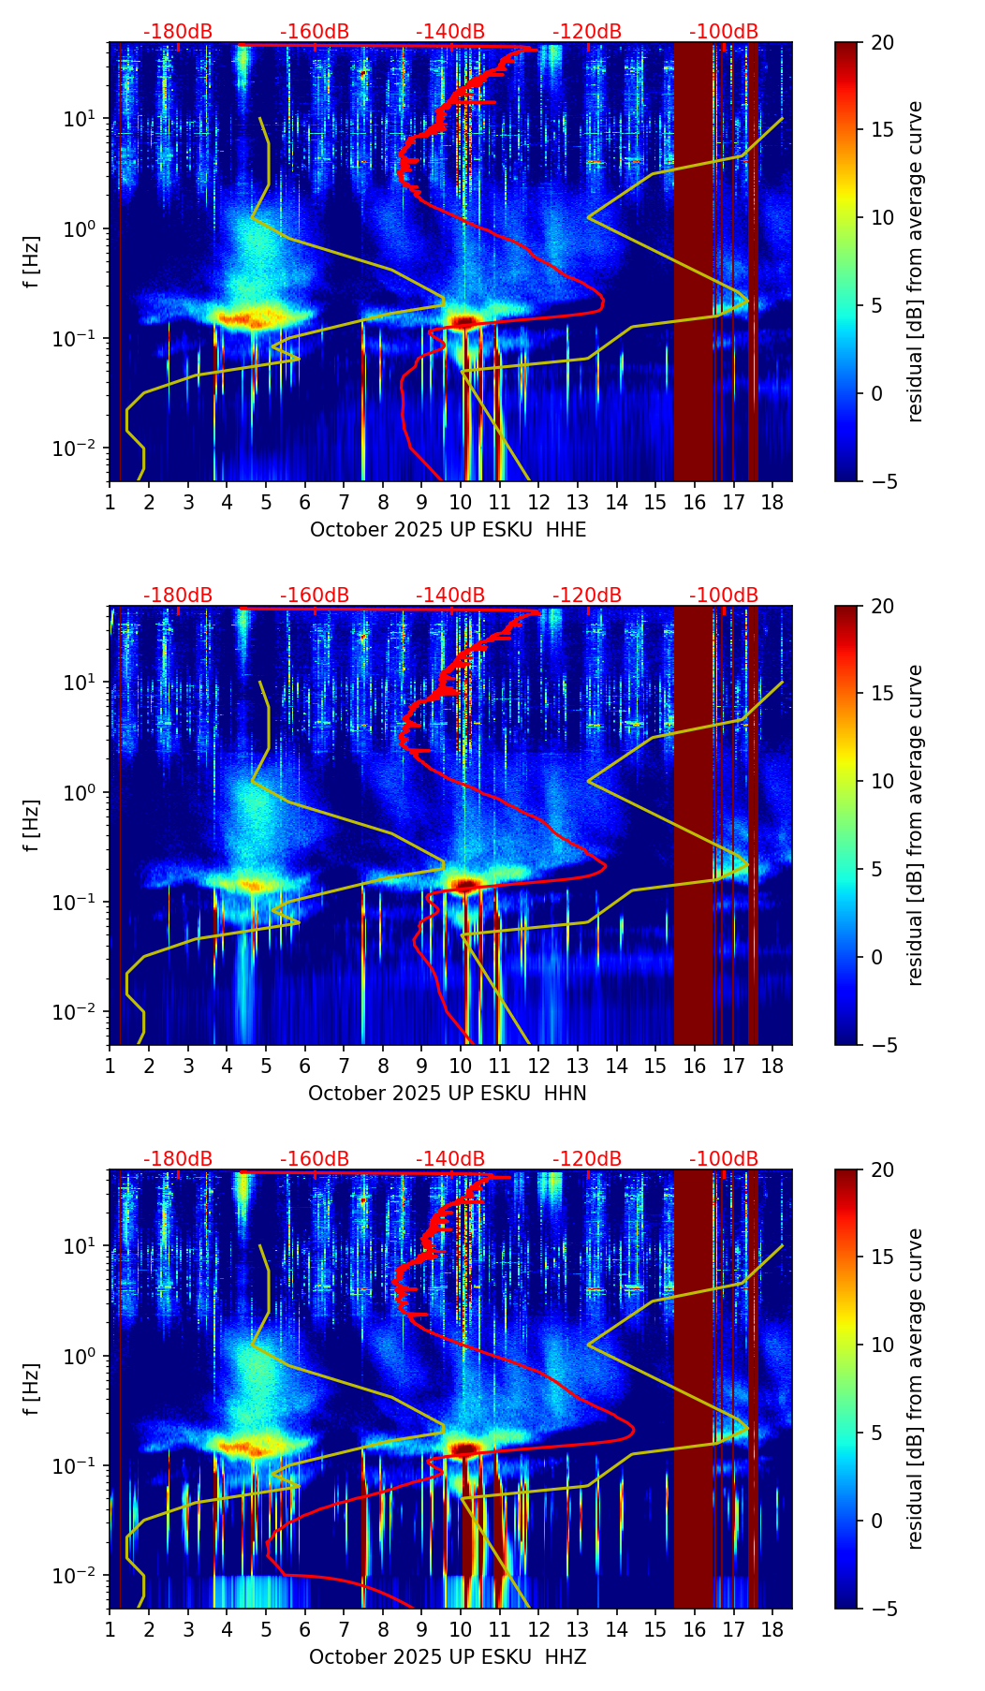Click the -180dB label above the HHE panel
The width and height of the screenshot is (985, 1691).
178,32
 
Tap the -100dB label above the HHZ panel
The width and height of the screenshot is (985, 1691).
724,1159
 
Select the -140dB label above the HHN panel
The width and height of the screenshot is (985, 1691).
450,596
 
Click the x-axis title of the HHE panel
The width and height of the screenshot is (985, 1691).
448,530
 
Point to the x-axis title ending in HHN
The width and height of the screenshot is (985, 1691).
448,1094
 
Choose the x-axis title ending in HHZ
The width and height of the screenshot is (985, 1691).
448,1657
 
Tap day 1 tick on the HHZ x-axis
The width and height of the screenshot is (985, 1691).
110,1629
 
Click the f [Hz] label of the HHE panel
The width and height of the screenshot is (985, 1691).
32,262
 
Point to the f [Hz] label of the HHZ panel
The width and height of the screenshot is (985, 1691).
32,1390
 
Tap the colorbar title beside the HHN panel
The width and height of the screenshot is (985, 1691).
915,825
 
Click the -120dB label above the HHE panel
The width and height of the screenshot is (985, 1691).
587,32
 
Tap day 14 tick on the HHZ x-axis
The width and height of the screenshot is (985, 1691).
616,1629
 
